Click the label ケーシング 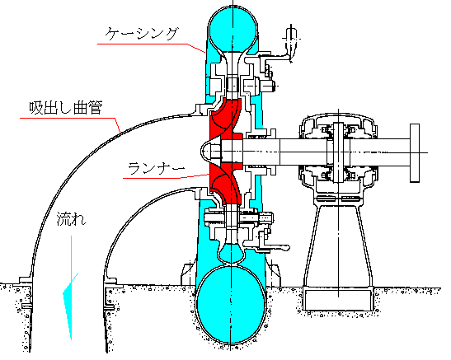click(x=141, y=34)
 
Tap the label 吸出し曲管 click(x=66, y=108)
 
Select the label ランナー click(x=156, y=168)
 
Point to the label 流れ click(x=71, y=219)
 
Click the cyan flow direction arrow click(x=71, y=288)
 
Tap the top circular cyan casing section click(x=233, y=28)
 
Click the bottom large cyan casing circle click(x=231, y=305)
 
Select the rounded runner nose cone click(x=205, y=152)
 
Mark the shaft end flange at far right click(x=415, y=153)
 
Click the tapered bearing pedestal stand click(x=339, y=244)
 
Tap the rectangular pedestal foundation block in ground click(x=339, y=300)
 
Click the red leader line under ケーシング click(x=151, y=45)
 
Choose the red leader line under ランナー click(x=166, y=177)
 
